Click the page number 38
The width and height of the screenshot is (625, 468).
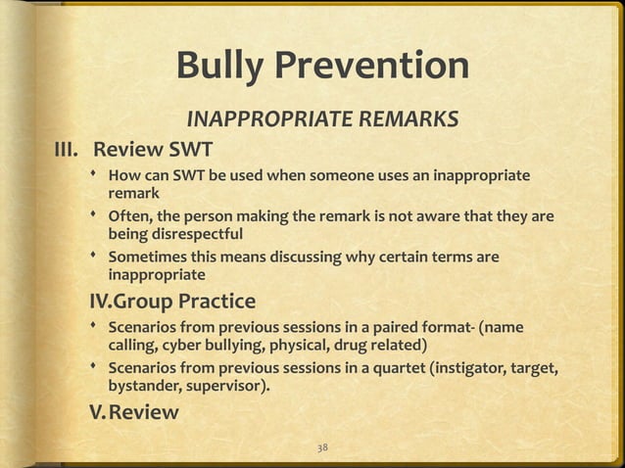(322, 447)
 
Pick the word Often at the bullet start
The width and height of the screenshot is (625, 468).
(129, 217)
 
